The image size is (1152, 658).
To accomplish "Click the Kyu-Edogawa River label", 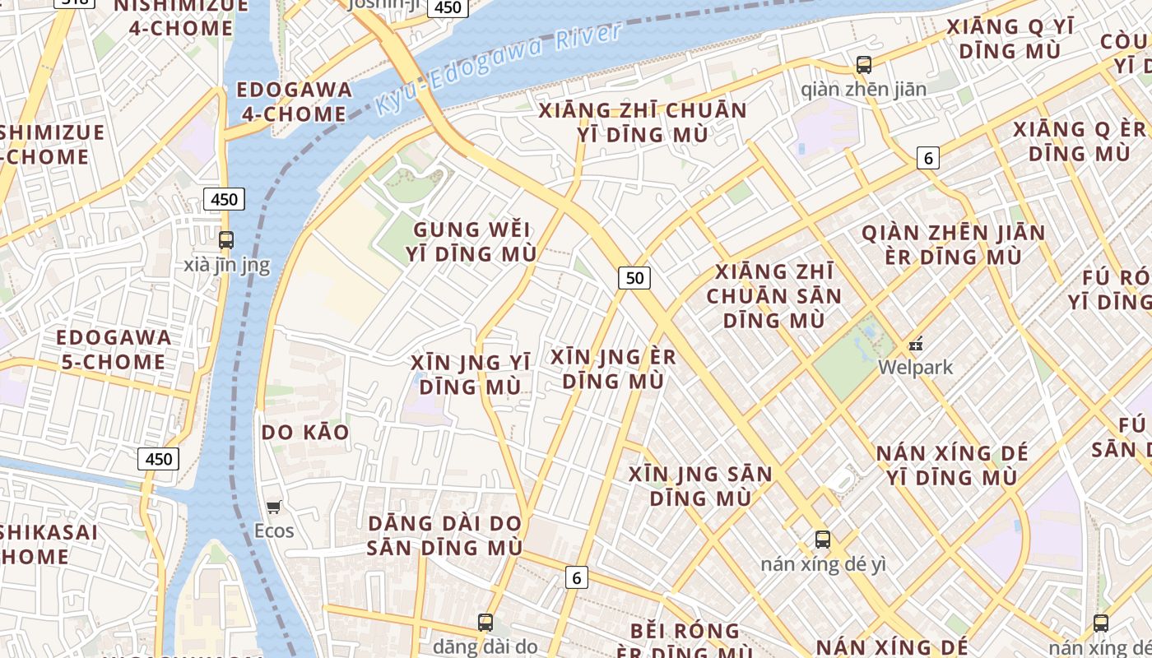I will (498, 71).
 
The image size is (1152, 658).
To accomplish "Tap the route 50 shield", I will (634, 278).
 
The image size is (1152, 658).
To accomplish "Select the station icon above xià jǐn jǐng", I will (226, 240).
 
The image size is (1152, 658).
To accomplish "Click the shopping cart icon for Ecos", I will (274, 507).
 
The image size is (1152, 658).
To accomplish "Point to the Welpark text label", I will (915, 367).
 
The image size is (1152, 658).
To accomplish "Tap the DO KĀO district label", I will (305, 433).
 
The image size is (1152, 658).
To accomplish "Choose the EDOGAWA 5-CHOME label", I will (114, 350).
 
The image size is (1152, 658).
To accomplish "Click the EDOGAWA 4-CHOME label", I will (294, 102).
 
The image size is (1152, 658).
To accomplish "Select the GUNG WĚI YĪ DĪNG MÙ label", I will (471, 242).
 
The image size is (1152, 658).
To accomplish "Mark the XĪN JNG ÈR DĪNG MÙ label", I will (613, 368).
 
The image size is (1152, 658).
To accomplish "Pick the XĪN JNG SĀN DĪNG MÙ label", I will (700, 486).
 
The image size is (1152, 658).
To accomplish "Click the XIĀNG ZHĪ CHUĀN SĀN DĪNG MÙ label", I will (774, 295).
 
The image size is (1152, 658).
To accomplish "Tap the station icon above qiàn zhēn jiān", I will (864, 64).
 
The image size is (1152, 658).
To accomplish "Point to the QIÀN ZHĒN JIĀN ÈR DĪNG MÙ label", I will (954, 245).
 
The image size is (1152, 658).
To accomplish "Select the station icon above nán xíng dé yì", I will (823, 540).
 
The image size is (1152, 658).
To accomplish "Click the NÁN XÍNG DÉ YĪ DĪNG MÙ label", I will (952, 465).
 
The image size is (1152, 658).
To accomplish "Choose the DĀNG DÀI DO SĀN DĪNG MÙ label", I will (444, 535).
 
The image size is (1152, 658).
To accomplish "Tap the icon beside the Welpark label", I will (916, 344).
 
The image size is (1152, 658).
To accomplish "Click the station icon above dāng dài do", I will (485, 622).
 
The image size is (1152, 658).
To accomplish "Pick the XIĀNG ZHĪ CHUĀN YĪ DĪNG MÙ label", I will (643, 123).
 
